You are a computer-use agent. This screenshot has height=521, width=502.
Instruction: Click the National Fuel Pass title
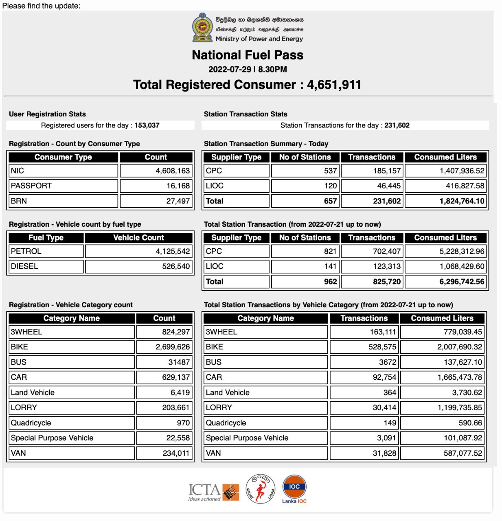pyautogui.click(x=248, y=55)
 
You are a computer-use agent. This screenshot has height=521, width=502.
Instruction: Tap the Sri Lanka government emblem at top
pyautogui.click(x=202, y=28)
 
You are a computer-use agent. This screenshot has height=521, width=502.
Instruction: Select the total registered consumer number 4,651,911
pyautogui.click(x=334, y=85)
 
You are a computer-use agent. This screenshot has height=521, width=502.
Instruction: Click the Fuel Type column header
pyautogui.click(x=46, y=238)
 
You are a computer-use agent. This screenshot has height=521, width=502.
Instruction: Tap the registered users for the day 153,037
pyautogui.click(x=147, y=125)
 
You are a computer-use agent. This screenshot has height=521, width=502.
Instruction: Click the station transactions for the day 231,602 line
pyautogui.click(x=345, y=125)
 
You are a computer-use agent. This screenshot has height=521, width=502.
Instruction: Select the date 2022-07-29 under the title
pyautogui.click(x=230, y=69)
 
